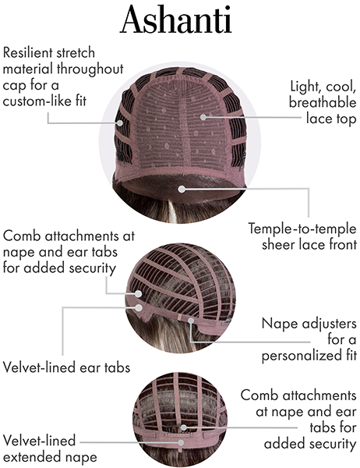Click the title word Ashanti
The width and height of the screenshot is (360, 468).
pyautogui.click(x=176, y=19)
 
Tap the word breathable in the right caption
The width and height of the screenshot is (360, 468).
pyautogui.click(x=323, y=102)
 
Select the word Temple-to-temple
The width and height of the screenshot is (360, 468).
pyautogui.click(x=302, y=229)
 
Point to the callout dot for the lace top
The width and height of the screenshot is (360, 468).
pyautogui.click(x=203, y=117)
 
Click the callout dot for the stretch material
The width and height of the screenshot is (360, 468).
pyautogui.click(x=120, y=122)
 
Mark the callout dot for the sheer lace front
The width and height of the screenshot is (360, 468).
pyautogui.click(x=182, y=189)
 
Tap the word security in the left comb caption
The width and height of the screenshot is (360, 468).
pyautogui.click(x=92, y=268)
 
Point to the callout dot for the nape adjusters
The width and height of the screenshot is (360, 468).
pyautogui.click(x=191, y=321)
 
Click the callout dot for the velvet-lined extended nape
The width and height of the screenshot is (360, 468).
pyautogui.click(x=181, y=442)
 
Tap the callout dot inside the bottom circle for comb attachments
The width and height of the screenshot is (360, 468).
pyautogui.click(x=184, y=427)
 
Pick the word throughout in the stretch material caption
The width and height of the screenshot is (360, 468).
pyautogui.click(x=90, y=69)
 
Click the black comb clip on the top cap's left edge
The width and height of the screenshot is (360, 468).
pyautogui.click(x=120, y=155)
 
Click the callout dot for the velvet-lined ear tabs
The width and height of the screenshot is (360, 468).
pyautogui.click(x=139, y=307)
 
